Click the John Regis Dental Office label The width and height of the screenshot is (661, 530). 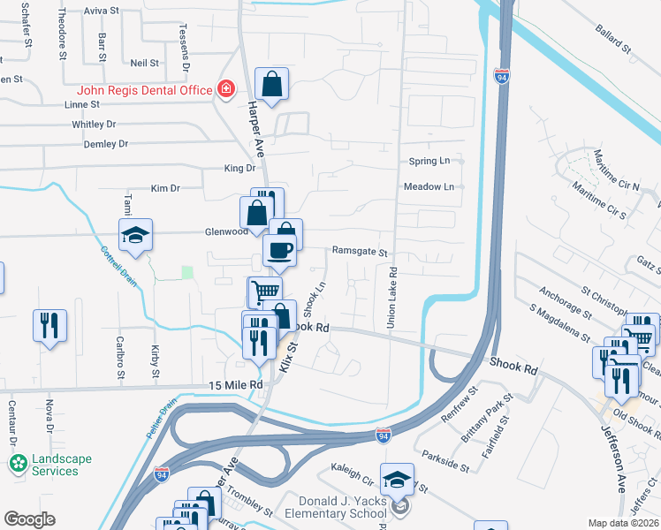[x=145, y=89]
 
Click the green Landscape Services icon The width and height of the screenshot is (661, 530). [x=18, y=463]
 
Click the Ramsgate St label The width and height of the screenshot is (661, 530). [x=360, y=252]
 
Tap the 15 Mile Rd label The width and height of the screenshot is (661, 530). [x=236, y=385]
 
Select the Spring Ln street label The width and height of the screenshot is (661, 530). [x=429, y=161]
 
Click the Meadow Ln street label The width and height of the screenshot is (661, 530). [x=429, y=187]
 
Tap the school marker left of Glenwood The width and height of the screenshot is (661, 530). [x=135, y=235]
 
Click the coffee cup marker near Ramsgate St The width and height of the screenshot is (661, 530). [x=280, y=250]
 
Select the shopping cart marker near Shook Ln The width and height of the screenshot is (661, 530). [x=264, y=291]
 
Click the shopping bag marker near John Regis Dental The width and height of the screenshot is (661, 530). [x=272, y=84]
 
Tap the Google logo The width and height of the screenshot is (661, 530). [x=29, y=519]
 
